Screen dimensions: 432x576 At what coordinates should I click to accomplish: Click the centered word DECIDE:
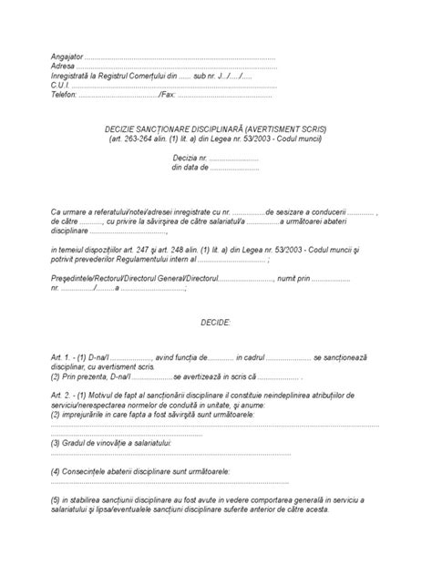point(216,323)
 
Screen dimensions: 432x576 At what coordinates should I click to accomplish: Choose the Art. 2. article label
point(63,396)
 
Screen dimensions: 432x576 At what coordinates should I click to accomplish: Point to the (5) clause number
point(57,499)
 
